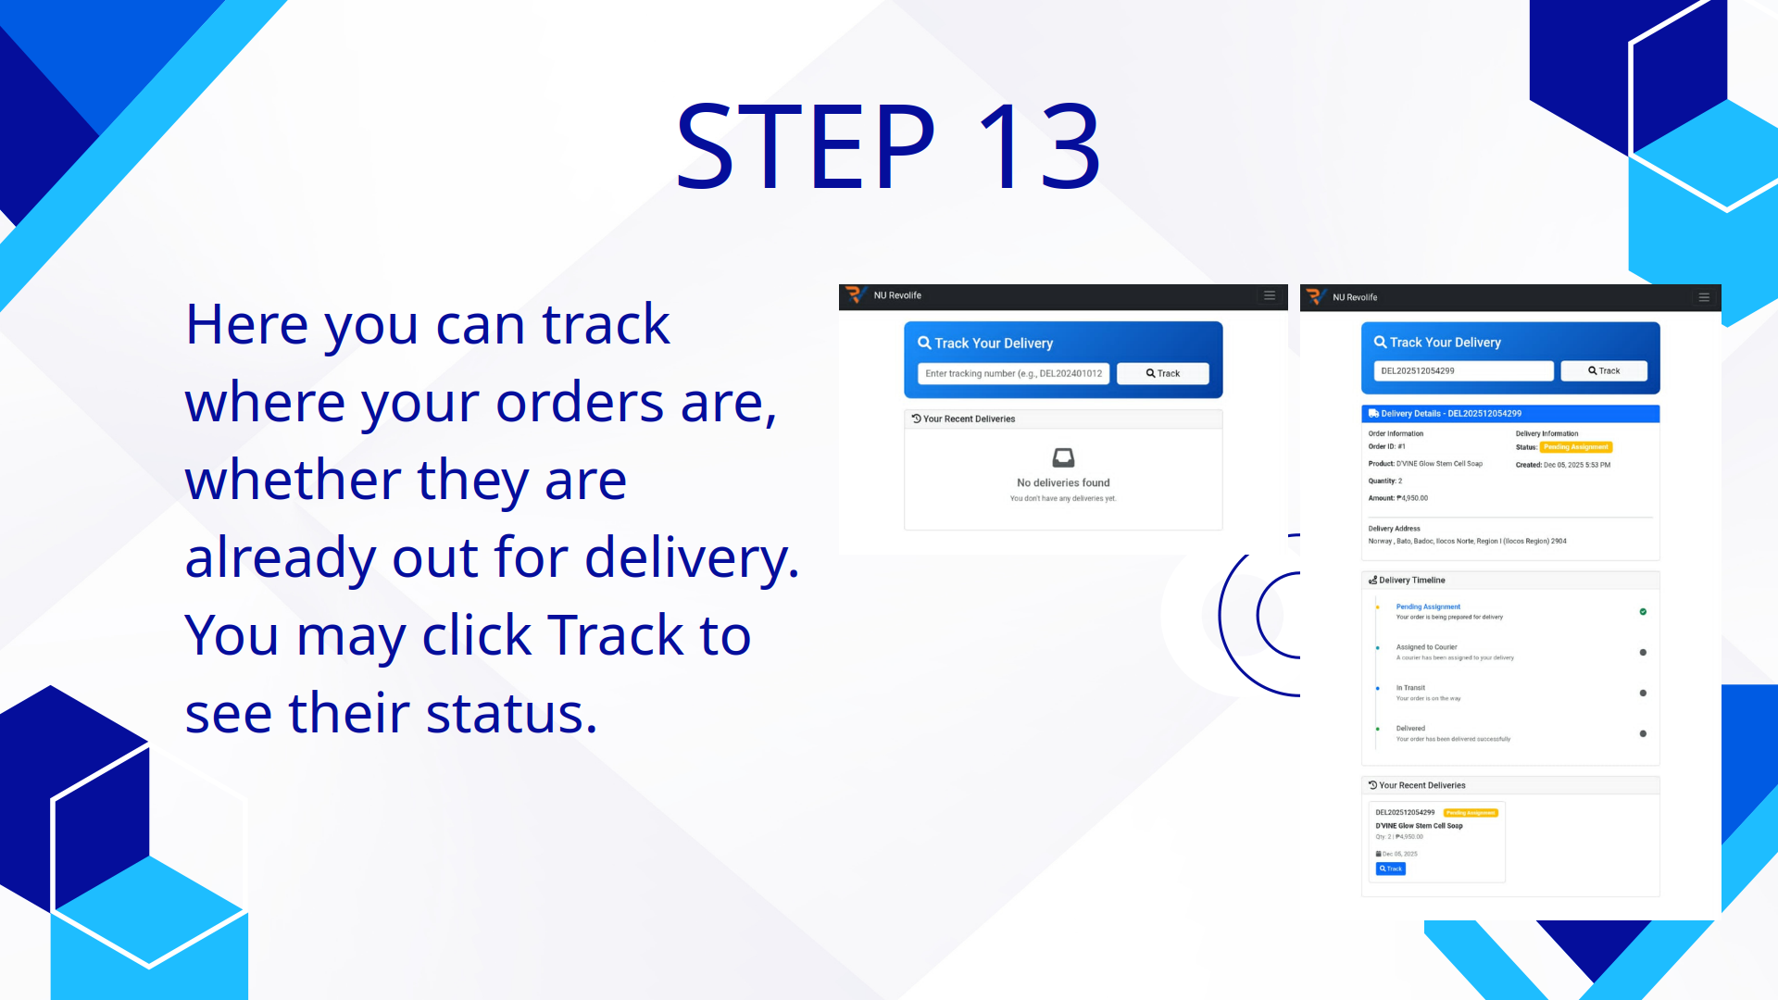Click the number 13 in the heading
[1038, 146]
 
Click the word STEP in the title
[806, 146]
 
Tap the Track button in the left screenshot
[1162, 373]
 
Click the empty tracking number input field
[1013, 373]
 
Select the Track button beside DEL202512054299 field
[1603, 370]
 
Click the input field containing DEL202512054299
[1462, 370]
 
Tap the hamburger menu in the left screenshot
[1270, 295]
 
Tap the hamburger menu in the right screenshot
[1704, 297]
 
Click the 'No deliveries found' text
[1063, 482]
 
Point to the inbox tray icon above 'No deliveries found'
[1063, 457]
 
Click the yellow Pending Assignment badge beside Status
[1576, 447]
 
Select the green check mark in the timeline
[1643, 612]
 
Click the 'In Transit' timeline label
[1410, 688]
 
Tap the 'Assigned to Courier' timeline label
[1426, 647]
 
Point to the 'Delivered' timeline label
[1410, 729]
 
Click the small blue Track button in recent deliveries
[1390, 869]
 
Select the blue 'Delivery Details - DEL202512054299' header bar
[1509, 414]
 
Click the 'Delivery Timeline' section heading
[1411, 581]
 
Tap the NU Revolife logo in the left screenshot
[855, 295]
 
